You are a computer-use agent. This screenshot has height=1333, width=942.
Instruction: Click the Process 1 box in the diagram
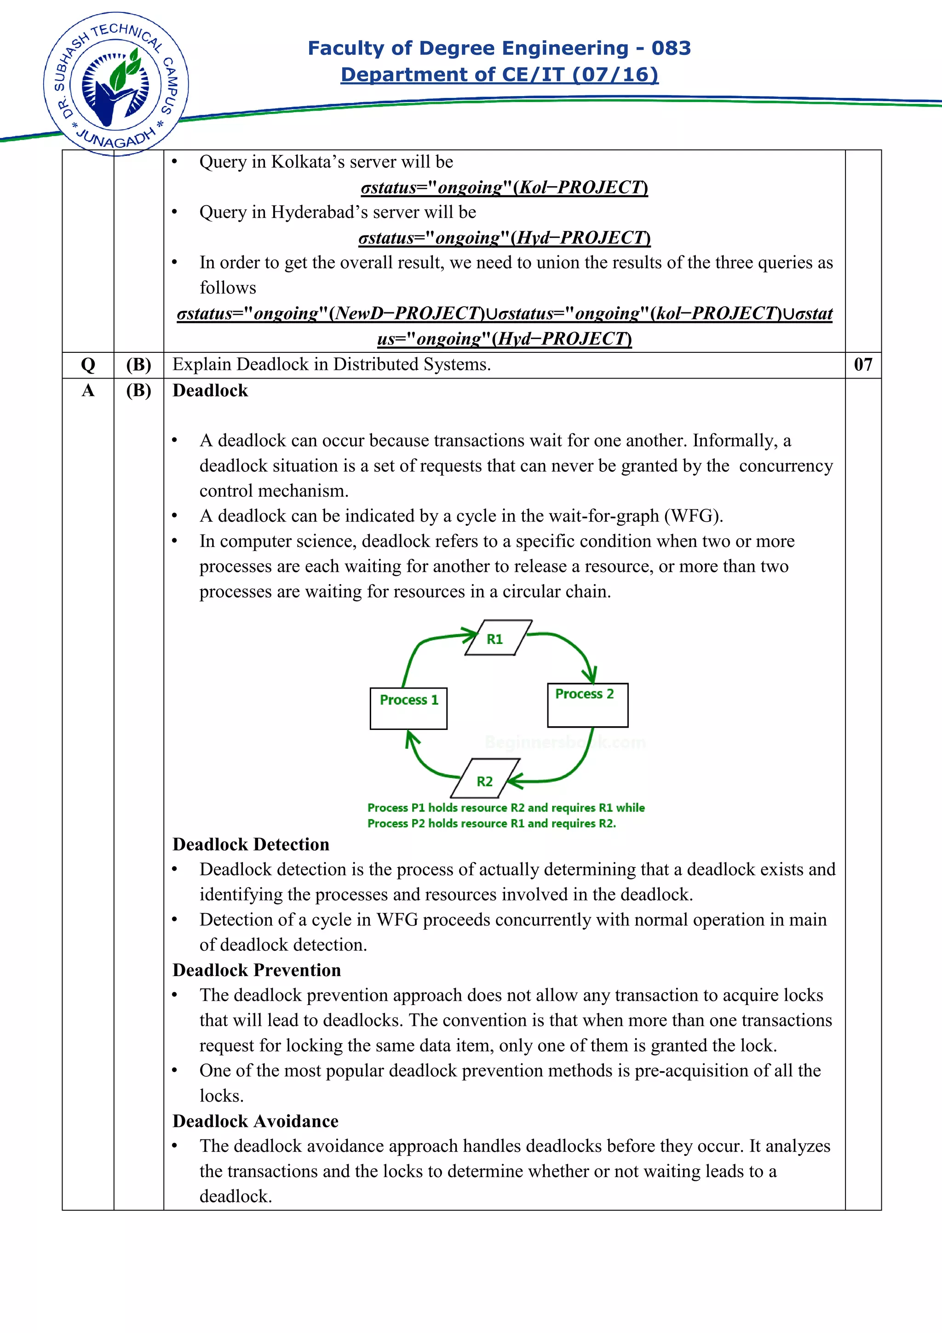(x=408, y=708)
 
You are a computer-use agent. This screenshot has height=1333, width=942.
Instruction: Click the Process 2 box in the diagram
(x=587, y=704)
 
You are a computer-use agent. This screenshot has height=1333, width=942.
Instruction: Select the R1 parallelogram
(x=498, y=638)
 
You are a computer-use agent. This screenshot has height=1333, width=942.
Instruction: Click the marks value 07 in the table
(x=862, y=365)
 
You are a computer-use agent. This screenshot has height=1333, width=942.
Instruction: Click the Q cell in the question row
(x=88, y=365)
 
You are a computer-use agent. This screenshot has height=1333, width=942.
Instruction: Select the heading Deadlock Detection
(x=251, y=844)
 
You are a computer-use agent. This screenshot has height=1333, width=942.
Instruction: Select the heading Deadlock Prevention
(x=257, y=970)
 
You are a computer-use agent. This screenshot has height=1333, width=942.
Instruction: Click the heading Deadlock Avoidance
(x=255, y=1120)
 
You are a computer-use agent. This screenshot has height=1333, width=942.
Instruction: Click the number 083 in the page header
(x=670, y=48)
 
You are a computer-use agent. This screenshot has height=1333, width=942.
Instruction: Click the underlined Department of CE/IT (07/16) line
(x=499, y=75)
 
